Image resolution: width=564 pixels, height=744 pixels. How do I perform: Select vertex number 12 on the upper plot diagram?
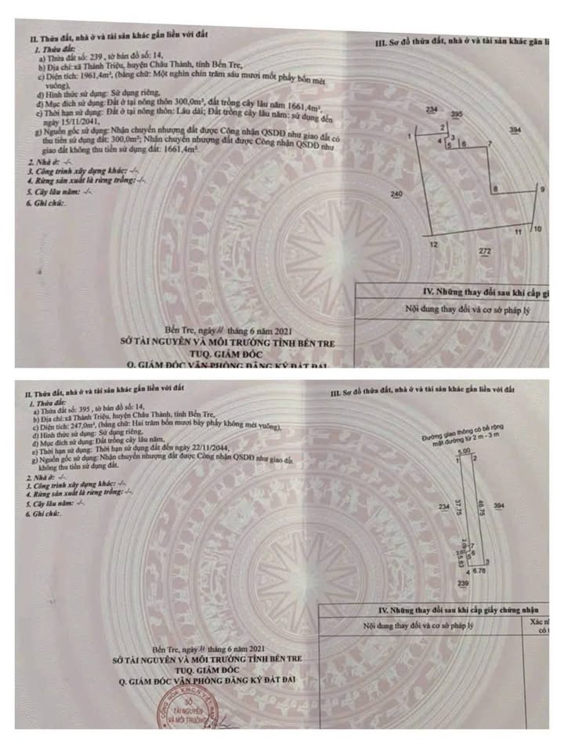[x=432, y=245]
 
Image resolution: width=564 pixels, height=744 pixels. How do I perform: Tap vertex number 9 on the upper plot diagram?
[x=541, y=190]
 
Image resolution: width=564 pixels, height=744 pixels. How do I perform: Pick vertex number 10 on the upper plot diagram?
[x=537, y=230]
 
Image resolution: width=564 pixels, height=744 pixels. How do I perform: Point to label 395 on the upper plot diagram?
[x=457, y=115]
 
